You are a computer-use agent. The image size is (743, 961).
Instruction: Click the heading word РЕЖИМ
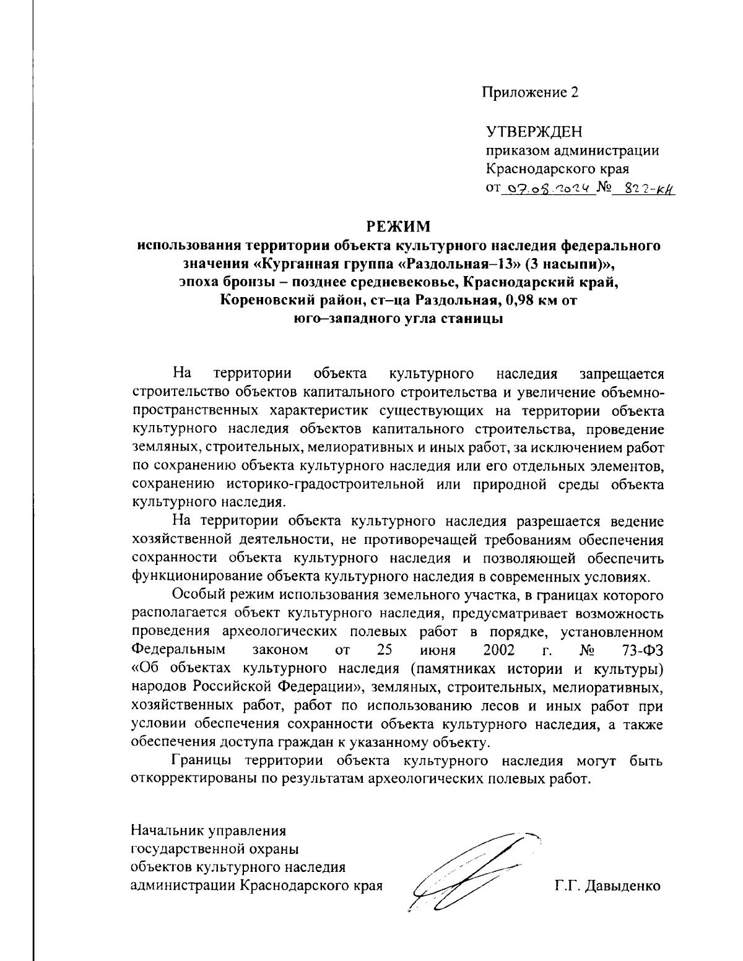click(x=396, y=227)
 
